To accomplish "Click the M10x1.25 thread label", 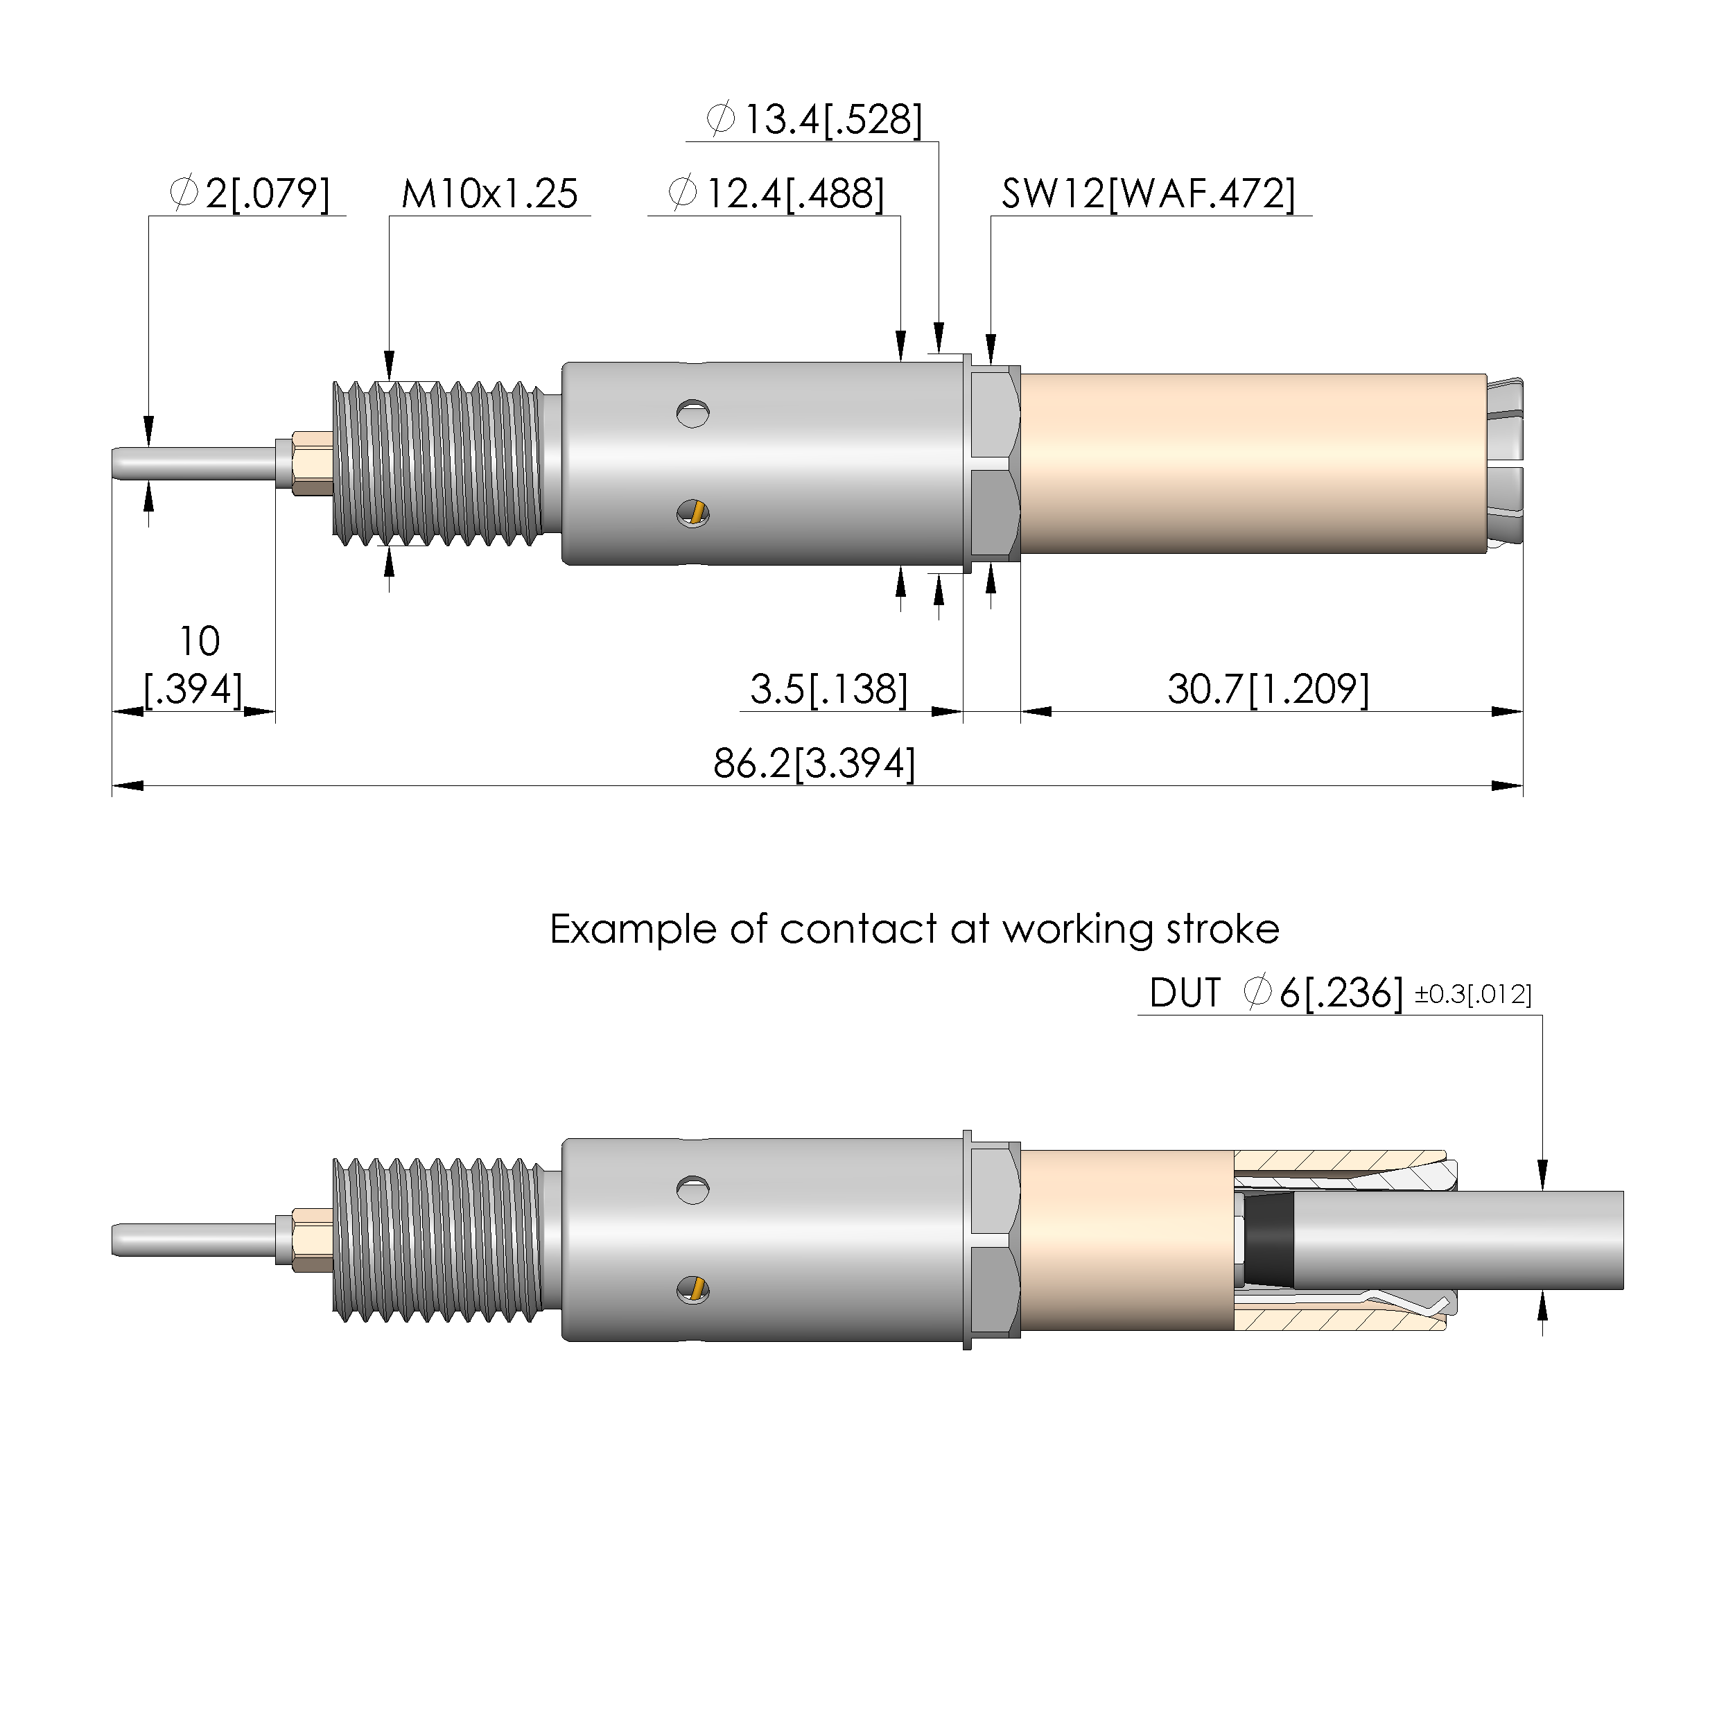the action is [x=489, y=194].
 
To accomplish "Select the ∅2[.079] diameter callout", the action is [x=250, y=194].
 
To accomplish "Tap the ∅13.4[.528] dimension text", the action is [x=814, y=119].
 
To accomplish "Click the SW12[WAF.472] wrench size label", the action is [x=1149, y=194].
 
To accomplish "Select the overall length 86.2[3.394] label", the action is [x=814, y=765].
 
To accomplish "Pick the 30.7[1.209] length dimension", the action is [x=1268, y=690].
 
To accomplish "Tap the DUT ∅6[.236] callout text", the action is [x=1276, y=993].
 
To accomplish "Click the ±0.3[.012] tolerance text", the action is [x=1474, y=995].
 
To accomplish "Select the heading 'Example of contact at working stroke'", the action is [x=914, y=930].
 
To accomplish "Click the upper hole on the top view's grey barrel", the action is [x=692, y=413].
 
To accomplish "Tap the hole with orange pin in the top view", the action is [x=692, y=514].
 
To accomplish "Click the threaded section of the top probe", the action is [x=437, y=464].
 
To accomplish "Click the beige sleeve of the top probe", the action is [x=1254, y=464].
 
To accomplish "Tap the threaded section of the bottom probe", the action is [x=437, y=1240].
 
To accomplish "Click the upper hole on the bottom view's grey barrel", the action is [x=692, y=1190].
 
